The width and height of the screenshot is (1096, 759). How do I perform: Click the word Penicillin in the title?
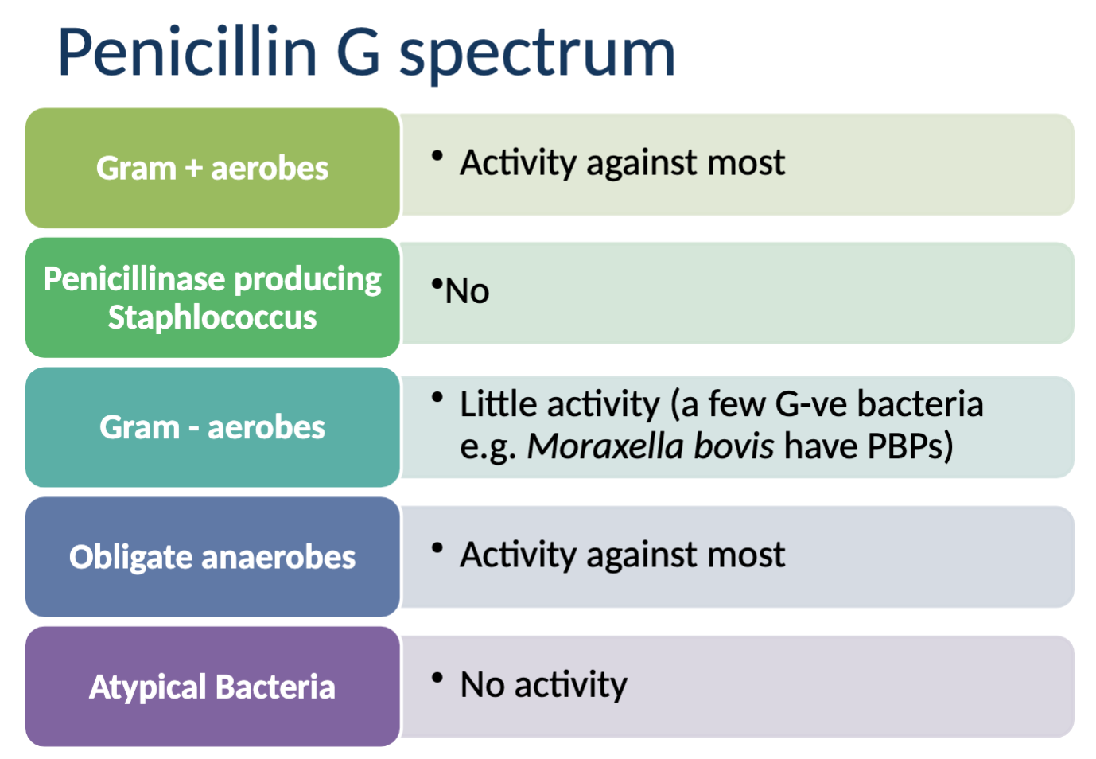coord(188,53)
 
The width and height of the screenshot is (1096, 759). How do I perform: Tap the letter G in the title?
coord(358,53)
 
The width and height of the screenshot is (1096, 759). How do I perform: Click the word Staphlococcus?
coord(212,317)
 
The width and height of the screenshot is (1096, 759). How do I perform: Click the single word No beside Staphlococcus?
coord(467,291)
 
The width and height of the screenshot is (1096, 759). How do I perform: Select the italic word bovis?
coord(733,446)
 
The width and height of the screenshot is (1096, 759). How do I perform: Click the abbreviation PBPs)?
coord(910,446)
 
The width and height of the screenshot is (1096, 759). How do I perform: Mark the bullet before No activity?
coord(437,678)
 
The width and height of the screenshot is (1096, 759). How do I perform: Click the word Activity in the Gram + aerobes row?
coord(518,163)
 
